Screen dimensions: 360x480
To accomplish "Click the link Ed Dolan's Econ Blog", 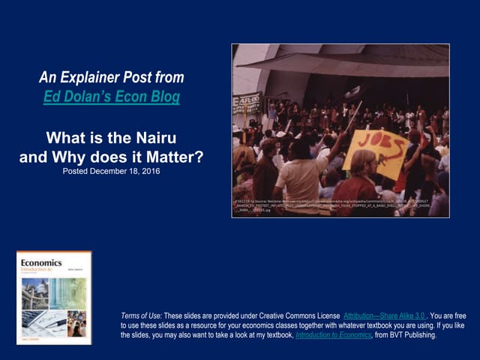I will (x=111, y=97).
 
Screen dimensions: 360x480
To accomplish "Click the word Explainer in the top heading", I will (x=108, y=77).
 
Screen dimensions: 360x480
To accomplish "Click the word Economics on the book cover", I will (x=41, y=263).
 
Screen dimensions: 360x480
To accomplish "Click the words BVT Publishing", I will (x=412, y=335).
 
